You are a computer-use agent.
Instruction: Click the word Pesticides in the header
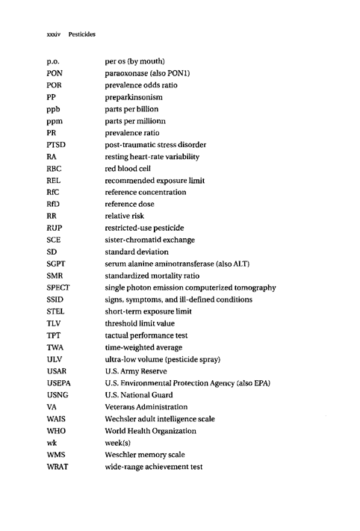(x=85, y=34)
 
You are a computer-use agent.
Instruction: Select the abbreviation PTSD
(x=55, y=144)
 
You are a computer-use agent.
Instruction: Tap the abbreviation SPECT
(x=58, y=288)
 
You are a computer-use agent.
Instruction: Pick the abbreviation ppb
(x=52, y=108)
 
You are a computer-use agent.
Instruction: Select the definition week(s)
(x=119, y=443)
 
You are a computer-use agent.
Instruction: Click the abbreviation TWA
(x=55, y=347)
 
